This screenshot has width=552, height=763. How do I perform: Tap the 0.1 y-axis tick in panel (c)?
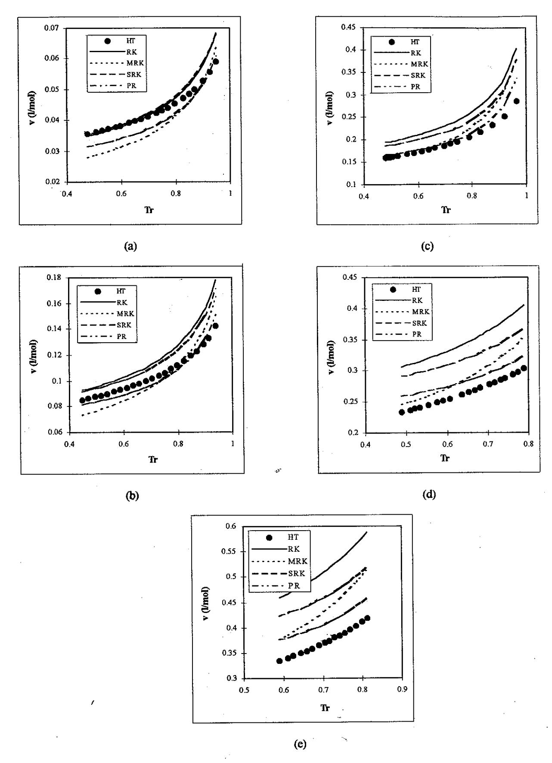click(357, 184)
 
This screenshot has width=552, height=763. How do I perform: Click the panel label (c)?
click(429, 246)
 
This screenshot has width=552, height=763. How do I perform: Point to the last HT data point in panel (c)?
click(516, 101)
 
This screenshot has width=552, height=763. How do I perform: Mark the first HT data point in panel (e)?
click(279, 661)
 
